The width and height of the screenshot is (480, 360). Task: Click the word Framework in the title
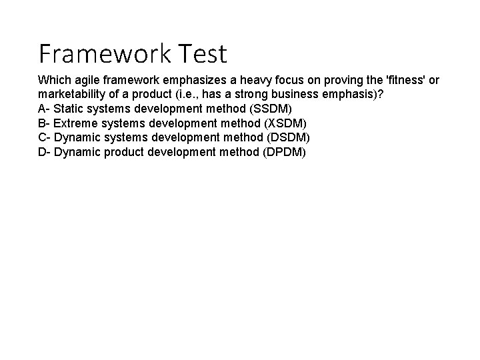[x=105, y=52]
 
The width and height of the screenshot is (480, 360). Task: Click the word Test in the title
[x=199, y=52]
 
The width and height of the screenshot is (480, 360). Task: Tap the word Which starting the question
[x=53, y=80]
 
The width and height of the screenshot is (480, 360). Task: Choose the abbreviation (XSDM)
[x=285, y=123]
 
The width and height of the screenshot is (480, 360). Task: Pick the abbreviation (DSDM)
[x=288, y=137]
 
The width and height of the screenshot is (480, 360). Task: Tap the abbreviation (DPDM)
[x=284, y=152]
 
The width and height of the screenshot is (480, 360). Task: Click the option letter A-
[x=43, y=109]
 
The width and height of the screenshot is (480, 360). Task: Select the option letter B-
[x=43, y=123]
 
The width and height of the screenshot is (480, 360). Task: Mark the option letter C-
[x=44, y=137]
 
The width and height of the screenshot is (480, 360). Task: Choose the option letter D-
[x=44, y=152]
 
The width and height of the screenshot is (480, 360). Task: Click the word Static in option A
[x=67, y=109]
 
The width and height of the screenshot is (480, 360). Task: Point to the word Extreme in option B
[x=75, y=123]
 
